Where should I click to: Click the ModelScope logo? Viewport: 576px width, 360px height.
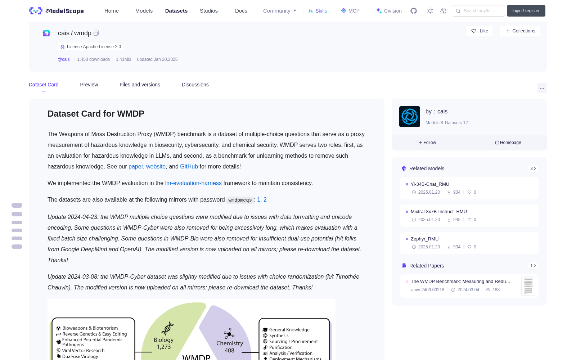(x=56, y=11)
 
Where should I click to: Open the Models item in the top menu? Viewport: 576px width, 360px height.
(x=144, y=11)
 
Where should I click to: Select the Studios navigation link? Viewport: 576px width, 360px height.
(x=208, y=11)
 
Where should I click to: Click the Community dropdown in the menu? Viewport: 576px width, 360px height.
(x=279, y=11)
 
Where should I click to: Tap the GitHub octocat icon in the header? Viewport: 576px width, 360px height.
(x=414, y=11)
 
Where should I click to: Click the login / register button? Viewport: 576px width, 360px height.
(x=526, y=11)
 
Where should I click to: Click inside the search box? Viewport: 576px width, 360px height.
(x=478, y=11)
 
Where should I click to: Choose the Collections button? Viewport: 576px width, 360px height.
(x=520, y=31)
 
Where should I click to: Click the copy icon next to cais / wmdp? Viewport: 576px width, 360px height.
(x=96, y=33)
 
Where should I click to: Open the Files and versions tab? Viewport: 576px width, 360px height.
(x=140, y=85)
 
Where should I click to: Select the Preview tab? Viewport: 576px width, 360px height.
(x=89, y=85)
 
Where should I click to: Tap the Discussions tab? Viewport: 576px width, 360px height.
(x=195, y=85)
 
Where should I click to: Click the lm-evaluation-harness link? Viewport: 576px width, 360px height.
(x=193, y=183)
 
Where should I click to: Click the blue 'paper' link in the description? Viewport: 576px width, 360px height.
(x=135, y=167)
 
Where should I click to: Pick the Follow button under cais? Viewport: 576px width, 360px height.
(x=427, y=143)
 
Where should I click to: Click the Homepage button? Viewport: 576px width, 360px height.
(x=508, y=143)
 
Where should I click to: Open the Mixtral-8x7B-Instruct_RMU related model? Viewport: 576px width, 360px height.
(x=438, y=211)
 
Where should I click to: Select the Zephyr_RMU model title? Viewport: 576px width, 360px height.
(x=424, y=239)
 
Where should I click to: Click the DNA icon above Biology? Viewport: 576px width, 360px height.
(x=167, y=328)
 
